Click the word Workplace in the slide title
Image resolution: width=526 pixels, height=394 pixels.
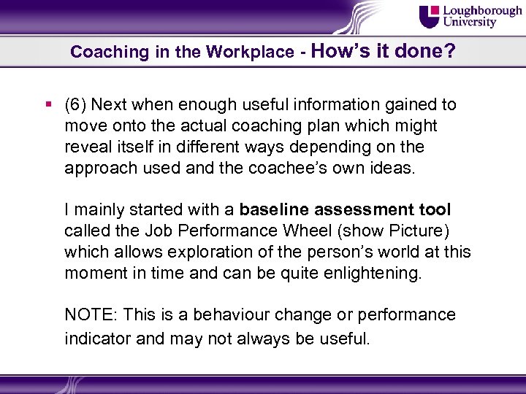[248, 53]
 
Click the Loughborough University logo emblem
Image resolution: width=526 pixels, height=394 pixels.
[430, 17]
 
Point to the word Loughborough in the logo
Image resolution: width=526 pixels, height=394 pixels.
[483, 11]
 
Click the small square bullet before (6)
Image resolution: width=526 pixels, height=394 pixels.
[47, 104]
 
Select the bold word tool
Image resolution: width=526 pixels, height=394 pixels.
[435, 210]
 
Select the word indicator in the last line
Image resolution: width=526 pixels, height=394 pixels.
[94, 339]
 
